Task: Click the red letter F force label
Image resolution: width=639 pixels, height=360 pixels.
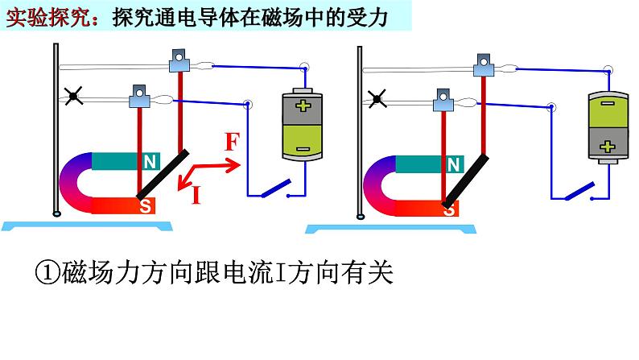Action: point(231,144)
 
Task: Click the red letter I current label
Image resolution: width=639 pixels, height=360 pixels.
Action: point(196,194)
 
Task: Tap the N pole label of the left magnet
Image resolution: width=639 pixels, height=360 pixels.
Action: point(150,161)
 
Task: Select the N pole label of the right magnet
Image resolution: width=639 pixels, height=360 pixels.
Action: point(454,165)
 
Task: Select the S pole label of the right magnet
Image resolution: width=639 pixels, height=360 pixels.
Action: point(451,209)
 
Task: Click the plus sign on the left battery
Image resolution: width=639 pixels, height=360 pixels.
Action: point(301,106)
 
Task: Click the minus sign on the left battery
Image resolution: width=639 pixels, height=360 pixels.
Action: point(301,148)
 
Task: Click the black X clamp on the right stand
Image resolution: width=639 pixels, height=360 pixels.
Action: point(375,99)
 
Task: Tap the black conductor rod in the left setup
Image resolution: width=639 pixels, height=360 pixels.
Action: point(164,174)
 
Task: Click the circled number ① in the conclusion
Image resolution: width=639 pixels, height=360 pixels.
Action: point(47,273)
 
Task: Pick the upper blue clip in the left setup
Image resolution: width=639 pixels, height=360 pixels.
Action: point(179,59)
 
